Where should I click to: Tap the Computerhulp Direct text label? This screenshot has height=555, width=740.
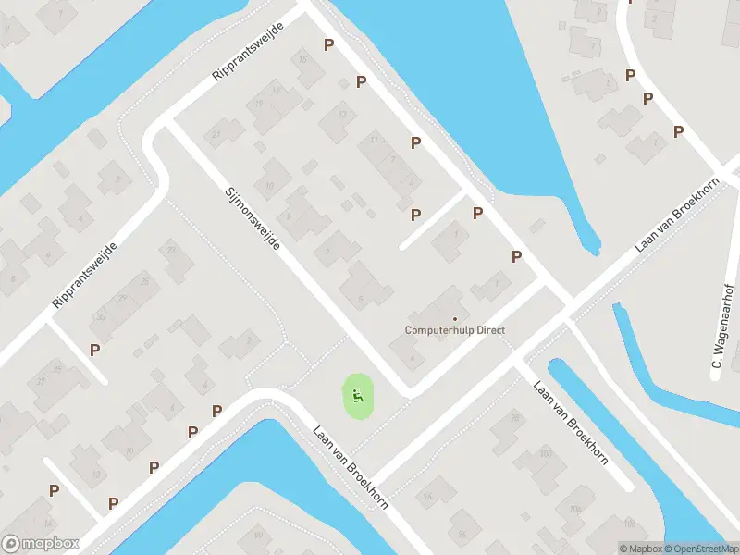coord(455,330)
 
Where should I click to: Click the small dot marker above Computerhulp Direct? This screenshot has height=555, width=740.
coord(454,319)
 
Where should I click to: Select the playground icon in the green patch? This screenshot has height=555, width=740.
coord(357,399)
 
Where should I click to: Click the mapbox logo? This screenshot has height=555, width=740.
coord(41,544)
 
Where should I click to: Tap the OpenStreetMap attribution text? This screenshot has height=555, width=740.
coord(700,549)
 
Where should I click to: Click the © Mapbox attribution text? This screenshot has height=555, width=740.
coord(640,549)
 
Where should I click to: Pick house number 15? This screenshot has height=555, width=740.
coord(304,59)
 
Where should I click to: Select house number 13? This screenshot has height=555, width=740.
coord(343,115)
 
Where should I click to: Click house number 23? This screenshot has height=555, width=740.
coord(170,250)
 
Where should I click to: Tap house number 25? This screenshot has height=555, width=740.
coord(143,280)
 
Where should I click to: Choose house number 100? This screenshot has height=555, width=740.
coord(546,453)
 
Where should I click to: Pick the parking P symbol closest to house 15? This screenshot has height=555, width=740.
coord(328,44)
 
